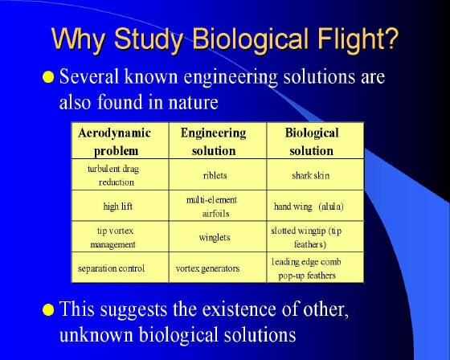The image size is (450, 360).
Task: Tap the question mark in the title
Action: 391,38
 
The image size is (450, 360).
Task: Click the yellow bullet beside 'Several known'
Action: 48,77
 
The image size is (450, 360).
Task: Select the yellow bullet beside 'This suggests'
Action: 48,309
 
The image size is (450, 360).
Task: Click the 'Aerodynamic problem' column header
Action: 115,141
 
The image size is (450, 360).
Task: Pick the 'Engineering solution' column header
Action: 214,141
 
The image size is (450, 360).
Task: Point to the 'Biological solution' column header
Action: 312,141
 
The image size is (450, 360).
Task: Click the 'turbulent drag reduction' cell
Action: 114,175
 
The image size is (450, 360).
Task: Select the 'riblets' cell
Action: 215,175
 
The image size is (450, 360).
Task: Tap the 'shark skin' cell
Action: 311,175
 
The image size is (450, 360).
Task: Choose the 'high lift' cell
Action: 118,207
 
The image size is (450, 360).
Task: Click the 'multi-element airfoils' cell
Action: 212,207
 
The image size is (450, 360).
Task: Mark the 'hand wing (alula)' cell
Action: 309,207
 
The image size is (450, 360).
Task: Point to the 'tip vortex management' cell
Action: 113,237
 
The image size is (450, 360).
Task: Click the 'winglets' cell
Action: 215,237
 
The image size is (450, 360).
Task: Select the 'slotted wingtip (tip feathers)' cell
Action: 307,237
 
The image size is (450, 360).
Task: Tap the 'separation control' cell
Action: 112,268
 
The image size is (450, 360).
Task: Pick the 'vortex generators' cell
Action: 208,268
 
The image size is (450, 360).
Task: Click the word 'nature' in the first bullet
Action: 193,103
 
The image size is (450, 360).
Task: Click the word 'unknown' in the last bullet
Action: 96,334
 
